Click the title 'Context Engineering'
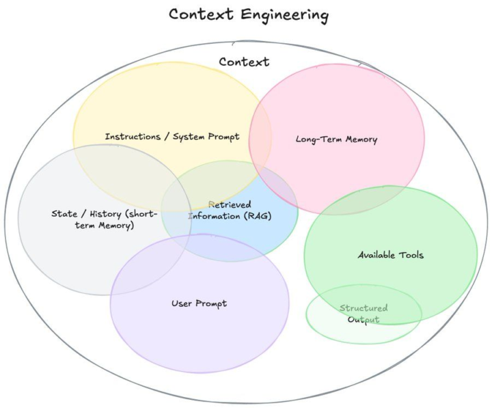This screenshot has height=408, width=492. pyautogui.click(x=248, y=14)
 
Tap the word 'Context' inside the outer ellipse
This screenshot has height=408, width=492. pyautogui.click(x=244, y=62)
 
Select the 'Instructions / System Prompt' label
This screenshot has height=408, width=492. pyautogui.click(x=172, y=137)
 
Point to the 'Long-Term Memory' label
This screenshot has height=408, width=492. pyautogui.click(x=336, y=139)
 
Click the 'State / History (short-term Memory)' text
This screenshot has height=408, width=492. pyautogui.click(x=104, y=219)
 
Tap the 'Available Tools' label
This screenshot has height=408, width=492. pyautogui.click(x=391, y=256)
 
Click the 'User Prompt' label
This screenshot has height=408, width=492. pyautogui.click(x=199, y=303)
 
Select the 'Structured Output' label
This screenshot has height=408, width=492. pyautogui.click(x=364, y=314)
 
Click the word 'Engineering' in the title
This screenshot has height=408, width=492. pyautogui.click(x=282, y=14)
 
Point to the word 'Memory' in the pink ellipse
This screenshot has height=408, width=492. pyautogui.click(x=359, y=139)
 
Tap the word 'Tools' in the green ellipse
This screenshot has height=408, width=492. pyautogui.click(x=410, y=256)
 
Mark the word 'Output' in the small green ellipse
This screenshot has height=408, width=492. pyautogui.click(x=364, y=320)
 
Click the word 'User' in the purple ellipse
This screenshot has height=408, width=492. pyautogui.click(x=182, y=303)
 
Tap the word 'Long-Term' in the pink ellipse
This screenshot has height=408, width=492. pyautogui.click(x=316, y=139)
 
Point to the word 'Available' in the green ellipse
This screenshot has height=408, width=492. pyautogui.click(x=376, y=256)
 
